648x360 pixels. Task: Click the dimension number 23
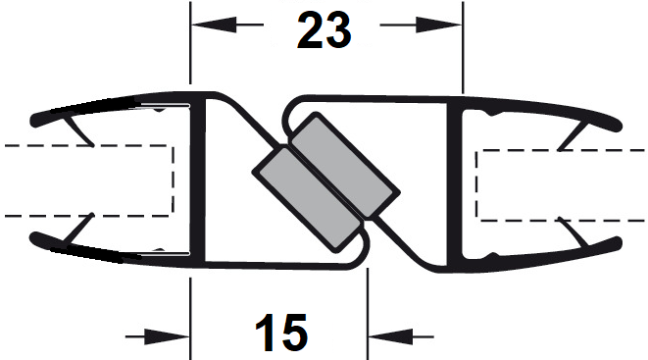[324, 30]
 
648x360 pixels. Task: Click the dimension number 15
[281, 333]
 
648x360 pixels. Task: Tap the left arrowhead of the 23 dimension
[214, 25]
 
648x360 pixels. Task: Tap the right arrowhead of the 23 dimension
[439, 25]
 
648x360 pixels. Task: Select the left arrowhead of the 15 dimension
[167, 336]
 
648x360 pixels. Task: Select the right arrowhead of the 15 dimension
[390, 336]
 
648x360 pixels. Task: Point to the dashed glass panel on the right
[560, 185]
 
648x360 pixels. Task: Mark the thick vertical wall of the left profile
[198, 180]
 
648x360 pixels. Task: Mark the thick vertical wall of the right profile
[455, 185]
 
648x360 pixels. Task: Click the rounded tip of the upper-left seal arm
[34, 120]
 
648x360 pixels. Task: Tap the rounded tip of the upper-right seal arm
[617, 126]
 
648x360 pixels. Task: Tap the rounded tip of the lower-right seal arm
[617, 243]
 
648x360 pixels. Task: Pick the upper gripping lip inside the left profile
[79, 131]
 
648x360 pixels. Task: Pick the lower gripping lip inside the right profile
[573, 231]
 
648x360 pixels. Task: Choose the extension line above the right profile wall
[463, 47]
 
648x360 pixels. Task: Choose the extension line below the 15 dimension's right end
[367, 314]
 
